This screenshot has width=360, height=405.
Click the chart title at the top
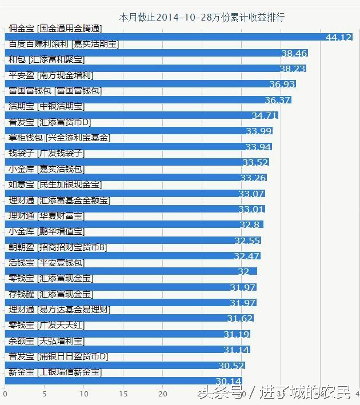click(201, 17)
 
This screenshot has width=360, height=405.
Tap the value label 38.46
click(294, 53)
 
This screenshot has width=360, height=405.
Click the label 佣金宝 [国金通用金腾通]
click(55, 29)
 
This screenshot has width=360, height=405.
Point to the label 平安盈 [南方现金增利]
click(51, 75)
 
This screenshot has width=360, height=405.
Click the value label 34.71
click(264, 115)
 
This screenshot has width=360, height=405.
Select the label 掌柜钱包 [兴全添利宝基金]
click(59, 138)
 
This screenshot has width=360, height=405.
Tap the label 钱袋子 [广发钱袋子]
click(47, 153)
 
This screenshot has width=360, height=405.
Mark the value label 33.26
click(253, 178)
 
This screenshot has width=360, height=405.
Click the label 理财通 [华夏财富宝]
click(47, 216)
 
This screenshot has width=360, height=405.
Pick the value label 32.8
click(249, 224)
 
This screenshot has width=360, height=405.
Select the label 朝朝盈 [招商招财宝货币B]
click(58, 247)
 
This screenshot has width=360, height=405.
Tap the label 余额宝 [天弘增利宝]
click(47, 341)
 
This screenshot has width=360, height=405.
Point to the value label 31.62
click(239, 318)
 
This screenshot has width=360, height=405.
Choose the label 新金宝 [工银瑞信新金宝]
click(55, 372)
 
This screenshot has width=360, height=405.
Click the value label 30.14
click(228, 381)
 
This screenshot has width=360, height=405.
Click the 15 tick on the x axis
click(123, 393)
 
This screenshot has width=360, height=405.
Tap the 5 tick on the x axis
click(44, 393)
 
